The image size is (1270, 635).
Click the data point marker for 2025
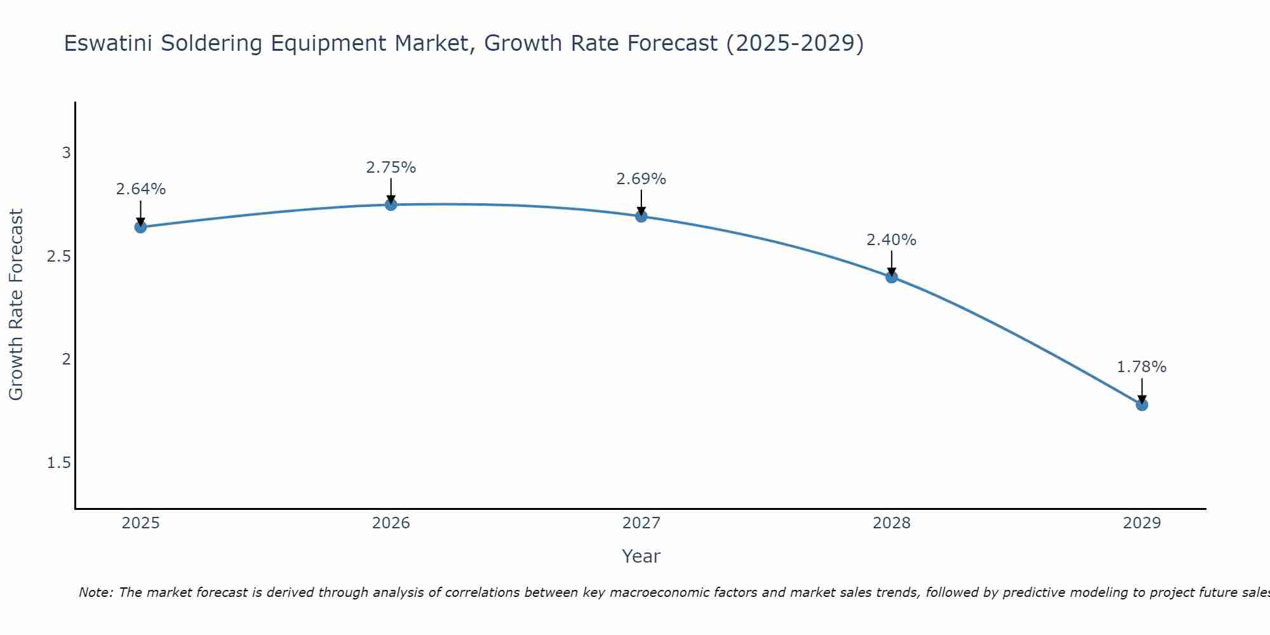(140, 227)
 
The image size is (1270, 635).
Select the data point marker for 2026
(391, 204)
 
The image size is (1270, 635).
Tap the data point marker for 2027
(641, 217)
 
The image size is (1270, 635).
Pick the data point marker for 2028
(892, 277)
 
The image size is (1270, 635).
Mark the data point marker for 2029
(1142, 404)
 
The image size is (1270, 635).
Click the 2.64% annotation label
(140, 189)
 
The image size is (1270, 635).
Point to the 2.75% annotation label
(391, 168)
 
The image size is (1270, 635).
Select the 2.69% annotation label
(641, 179)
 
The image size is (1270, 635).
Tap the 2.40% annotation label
(892, 240)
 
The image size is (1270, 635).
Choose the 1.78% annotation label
(1142, 367)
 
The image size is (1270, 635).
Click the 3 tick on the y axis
(66, 153)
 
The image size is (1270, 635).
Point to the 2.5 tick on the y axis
(59, 257)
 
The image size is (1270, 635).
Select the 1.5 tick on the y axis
(59, 463)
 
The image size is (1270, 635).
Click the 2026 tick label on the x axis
(391, 523)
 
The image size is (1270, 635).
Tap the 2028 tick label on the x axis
(892, 523)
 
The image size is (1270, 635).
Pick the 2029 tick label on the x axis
(1142, 523)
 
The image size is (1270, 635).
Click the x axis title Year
(641, 556)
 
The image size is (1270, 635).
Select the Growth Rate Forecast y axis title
(16, 305)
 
